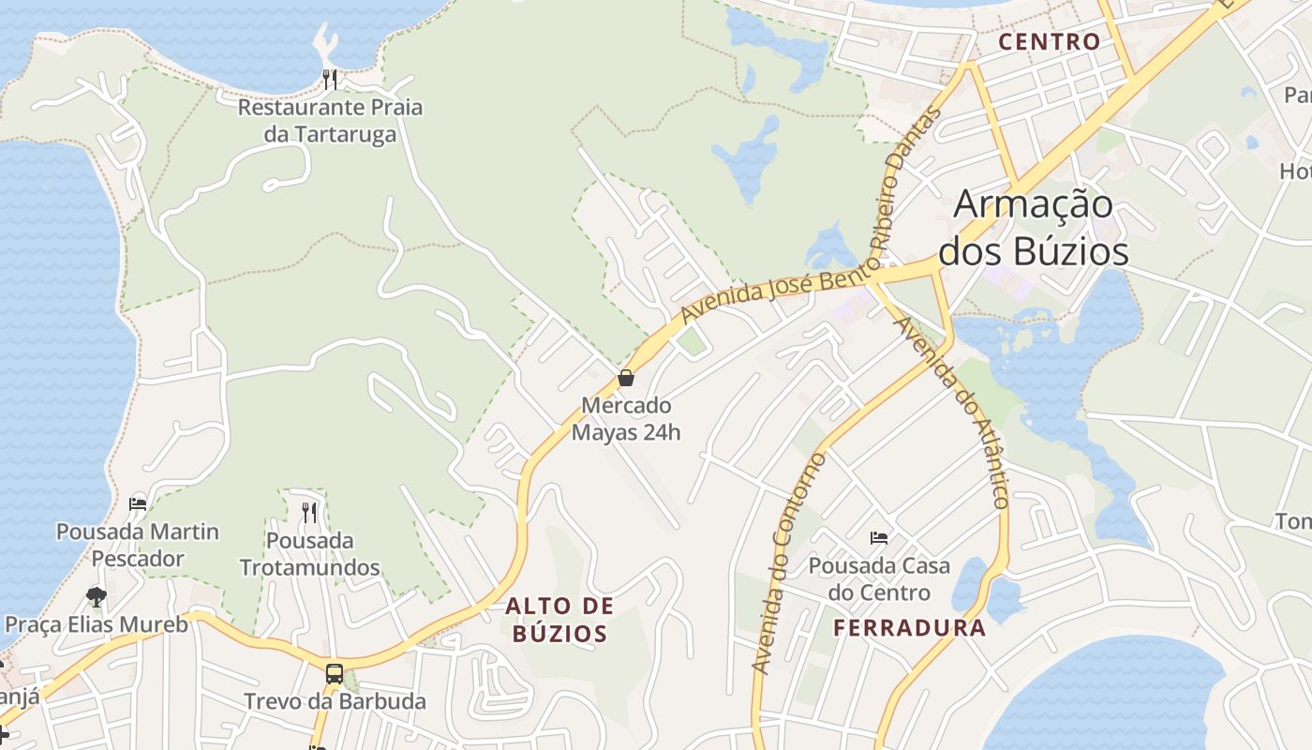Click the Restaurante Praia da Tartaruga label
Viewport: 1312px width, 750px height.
tap(330, 120)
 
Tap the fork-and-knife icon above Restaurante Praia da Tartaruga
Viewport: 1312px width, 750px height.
tap(330, 79)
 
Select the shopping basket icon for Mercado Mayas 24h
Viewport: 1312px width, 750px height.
tap(626, 378)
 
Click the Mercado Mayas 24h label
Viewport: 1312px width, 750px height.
tap(626, 419)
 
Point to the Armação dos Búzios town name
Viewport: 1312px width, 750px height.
tap(1034, 228)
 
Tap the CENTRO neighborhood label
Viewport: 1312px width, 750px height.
tap(1049, 42)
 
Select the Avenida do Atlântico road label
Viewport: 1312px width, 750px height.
tap(952, 412)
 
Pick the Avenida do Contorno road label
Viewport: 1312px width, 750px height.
tap(788, 563)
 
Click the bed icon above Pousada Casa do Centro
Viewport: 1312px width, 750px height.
tap(879, 538)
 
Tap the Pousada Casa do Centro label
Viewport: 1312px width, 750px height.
tap(879, 579)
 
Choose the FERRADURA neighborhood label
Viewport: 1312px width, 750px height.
tap(909, 628)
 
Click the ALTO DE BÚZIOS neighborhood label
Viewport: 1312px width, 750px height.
tap(559, 620)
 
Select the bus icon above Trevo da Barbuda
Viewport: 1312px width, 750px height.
tap(335, 673)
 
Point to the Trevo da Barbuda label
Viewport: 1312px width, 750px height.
tap(335, 701)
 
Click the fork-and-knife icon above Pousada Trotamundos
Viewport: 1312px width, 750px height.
tap(309, 512)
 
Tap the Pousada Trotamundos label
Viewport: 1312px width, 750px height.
tap(309, 554)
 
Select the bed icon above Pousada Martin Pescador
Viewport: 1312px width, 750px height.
tap(138, 503)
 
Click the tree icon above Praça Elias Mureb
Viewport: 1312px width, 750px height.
tap(96, 596)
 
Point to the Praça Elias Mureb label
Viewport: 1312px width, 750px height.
tap(97, 624)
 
